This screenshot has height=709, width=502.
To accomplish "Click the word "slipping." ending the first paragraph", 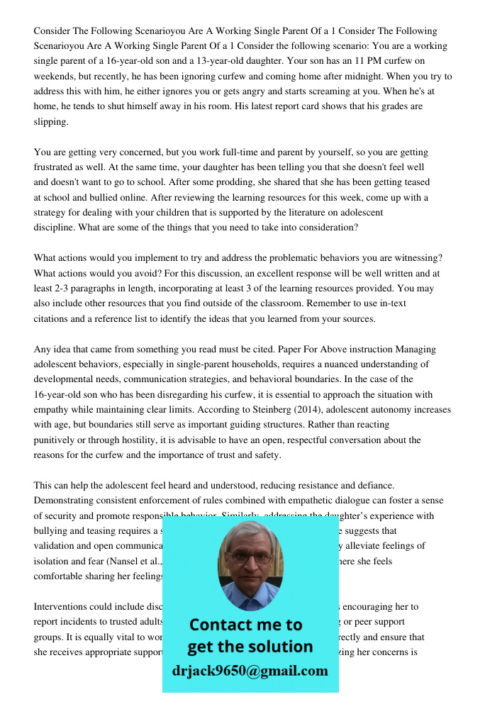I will point(52,122).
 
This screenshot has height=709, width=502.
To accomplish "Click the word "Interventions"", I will point(62,607).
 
